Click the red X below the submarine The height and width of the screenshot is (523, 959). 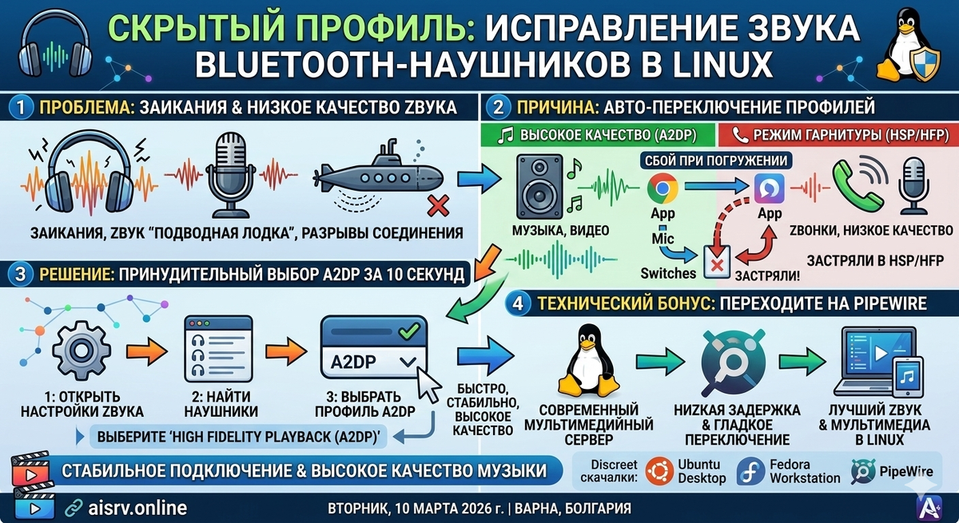[437, 207]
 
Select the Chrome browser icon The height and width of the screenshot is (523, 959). [663, 188]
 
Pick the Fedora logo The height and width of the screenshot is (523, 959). [751, 471]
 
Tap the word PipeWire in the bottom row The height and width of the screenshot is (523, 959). [905, 471]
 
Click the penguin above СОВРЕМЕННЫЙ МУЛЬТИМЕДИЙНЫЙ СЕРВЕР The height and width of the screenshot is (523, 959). [587, 364]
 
